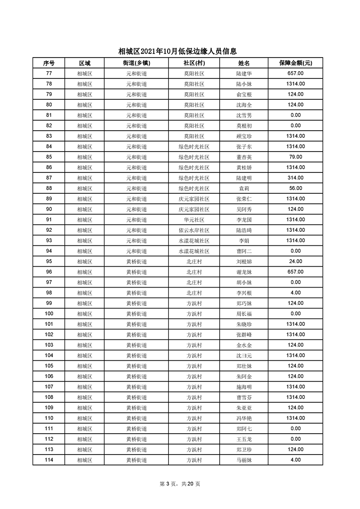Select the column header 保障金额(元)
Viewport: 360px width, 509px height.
coord(295,63)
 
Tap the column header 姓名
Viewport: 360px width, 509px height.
coord(244,63)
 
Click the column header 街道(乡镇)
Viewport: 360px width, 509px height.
coord(136,63)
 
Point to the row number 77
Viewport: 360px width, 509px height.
coord(49,73)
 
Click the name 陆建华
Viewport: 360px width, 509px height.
coord(244,73)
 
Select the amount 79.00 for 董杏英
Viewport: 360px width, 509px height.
coord(295,157)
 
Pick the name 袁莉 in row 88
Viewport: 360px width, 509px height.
coord(244,188)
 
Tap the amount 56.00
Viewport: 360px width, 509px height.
coord(295,188)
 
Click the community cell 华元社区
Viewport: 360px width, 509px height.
coord(194,220)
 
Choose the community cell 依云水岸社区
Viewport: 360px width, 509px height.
coord(194,230)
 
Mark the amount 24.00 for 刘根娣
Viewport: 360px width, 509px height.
coord(295,261)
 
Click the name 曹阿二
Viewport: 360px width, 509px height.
coord(244,251)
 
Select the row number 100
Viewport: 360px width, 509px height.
coord(49,313)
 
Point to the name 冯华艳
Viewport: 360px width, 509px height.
coord(244,418)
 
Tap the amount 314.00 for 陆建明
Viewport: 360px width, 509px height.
coord(295,178)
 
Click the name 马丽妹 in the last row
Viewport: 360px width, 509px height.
coord(244,460)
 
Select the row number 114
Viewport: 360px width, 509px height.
coord(49,460)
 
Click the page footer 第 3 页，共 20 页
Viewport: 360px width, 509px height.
coord(180,484)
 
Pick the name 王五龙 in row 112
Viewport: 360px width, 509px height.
coord(244,439)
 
